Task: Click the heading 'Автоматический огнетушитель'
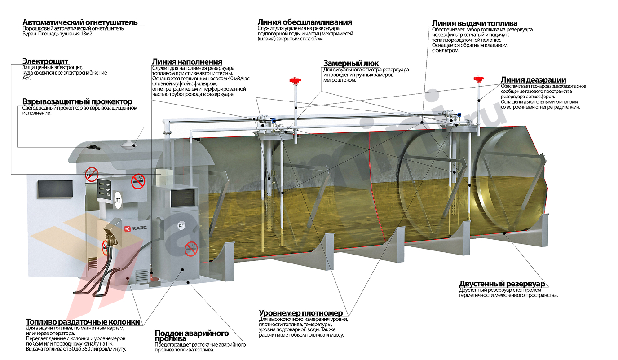[x=80, y=22]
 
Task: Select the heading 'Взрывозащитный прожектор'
[x=77, y=101]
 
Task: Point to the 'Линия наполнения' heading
[x=187, y=61]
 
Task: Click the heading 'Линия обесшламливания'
[x=305, y=22]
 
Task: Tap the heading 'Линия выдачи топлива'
[x=475, y=23]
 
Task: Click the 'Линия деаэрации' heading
[x=533, y=80]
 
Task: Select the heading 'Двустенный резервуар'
[x=502, y=284]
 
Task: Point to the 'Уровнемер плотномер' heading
[x=301, y=313]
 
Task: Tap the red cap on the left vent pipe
[x=295, y=82]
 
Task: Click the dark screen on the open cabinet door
[x=55, y=189]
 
